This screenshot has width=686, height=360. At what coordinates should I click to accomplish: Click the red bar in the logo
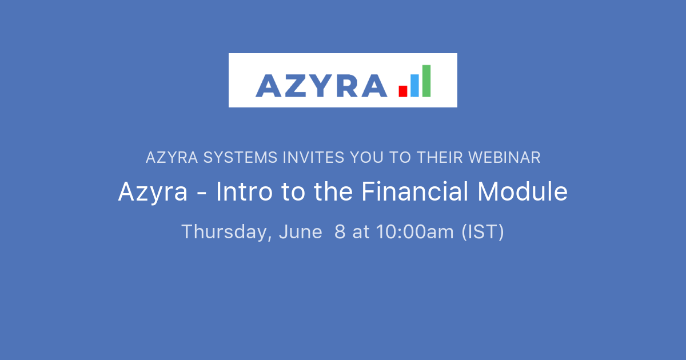click(403, 90)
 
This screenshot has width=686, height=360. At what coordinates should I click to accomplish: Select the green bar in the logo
click(426, 81)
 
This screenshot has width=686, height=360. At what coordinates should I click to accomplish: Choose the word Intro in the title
click(244, 192)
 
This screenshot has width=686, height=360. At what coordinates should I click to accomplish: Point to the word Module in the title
click(523, 192)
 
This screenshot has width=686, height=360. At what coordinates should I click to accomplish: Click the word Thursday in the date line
click(226, 232)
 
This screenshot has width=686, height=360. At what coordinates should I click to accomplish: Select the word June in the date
click(301, 232)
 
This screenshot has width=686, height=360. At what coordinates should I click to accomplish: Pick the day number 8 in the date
click(340, 232)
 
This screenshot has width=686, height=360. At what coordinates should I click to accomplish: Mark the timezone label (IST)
click(483, 232)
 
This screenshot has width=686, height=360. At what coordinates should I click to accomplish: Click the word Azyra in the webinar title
click(153, 193)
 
